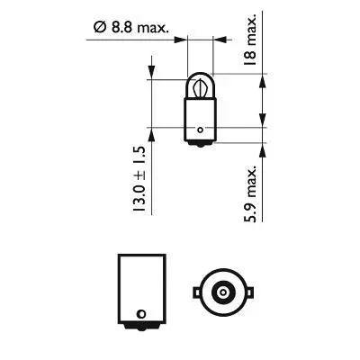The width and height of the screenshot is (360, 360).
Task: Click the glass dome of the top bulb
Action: click(200, 86)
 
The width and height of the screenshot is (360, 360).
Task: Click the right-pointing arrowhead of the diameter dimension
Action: click(183, 39)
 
